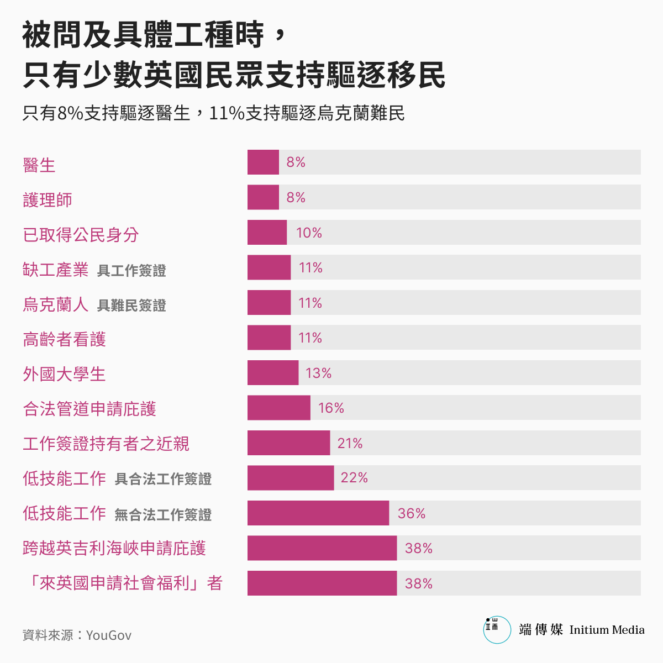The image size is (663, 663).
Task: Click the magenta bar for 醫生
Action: [263, 162]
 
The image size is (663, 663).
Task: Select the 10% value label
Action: [309, 233]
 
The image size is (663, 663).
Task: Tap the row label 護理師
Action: [48, 200]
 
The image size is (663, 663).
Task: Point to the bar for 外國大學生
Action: [273, 373]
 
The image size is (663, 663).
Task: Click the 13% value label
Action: [318, 373]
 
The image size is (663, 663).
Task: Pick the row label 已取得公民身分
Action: [81, 235]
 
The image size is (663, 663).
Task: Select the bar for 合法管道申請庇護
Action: [279, 408]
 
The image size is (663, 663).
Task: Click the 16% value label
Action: [331, 408]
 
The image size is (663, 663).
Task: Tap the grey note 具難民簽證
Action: [131, 306]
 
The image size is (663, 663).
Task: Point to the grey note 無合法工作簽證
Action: [163, 515]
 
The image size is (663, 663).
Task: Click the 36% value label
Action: [412, 514]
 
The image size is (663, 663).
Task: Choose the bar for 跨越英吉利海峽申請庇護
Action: [322, 548]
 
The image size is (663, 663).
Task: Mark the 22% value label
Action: [354, 478]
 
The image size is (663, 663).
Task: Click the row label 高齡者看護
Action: [64, 339]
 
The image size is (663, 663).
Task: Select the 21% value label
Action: [350, 443]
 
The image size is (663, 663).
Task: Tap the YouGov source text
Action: [109, 635]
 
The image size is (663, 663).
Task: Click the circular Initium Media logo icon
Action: [497, 630]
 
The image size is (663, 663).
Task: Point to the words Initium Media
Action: [607, 630]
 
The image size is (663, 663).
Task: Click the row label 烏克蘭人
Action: [55, 304]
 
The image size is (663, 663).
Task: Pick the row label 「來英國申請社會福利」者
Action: [123, 583]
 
